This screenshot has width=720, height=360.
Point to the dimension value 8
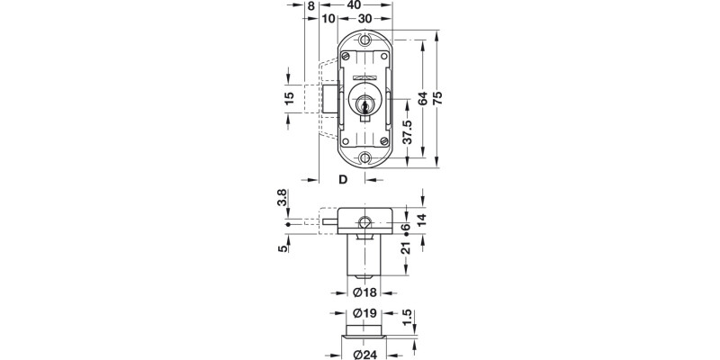pyautogui.click(x=311, y=5)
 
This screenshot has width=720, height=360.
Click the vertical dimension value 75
pyautogui.click(x=437, y=100)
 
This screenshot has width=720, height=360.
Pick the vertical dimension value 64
pyautogui.click(x=421, y=99)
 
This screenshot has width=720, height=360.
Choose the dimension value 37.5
pyautogui.click(x=407, y=131)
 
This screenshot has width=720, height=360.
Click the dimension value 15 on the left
pyautogui.click(x=290, y=99)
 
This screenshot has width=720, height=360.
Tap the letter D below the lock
pyautogui.click(x=343, y=179)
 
